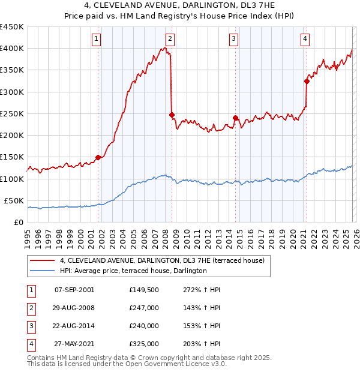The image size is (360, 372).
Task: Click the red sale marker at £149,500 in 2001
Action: tap(98, 157)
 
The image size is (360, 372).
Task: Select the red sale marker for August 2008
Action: tap(172, 115)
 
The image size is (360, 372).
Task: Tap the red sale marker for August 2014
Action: tap(235, 118)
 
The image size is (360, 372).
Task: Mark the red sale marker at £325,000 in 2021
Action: tap(307, 81)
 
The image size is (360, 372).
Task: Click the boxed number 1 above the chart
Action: tap(97, 39)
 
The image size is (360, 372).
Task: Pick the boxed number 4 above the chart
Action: tap(305, 39)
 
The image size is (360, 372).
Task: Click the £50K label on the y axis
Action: tap(14, 200)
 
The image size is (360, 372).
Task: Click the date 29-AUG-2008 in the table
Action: tap(74, 308)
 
